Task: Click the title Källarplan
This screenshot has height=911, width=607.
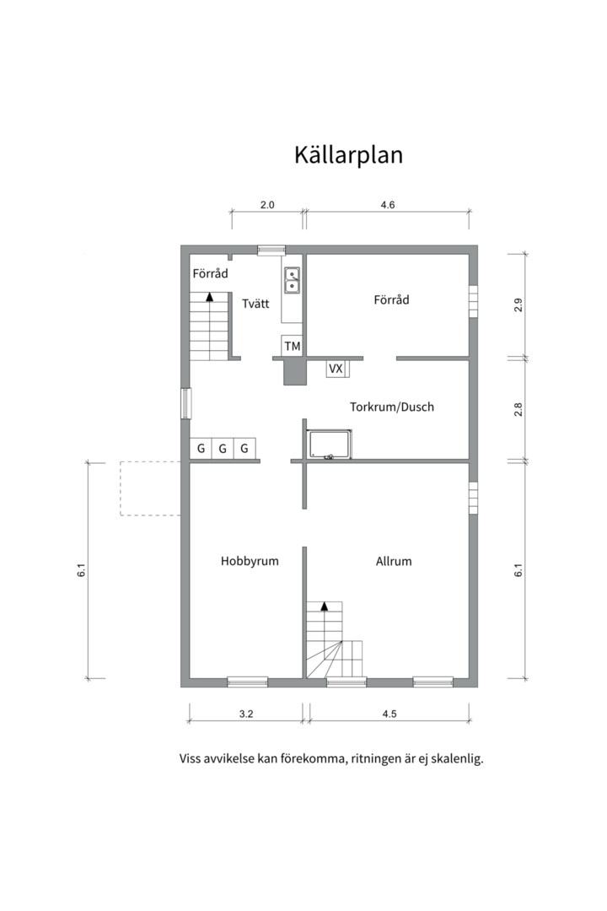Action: (348, 155)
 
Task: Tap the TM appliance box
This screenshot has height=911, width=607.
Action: (292, 346)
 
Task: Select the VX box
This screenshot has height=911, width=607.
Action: (336, 369)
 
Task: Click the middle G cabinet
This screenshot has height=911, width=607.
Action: (223, 449)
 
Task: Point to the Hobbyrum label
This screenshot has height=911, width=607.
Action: (250, 560)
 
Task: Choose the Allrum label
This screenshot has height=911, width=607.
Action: (393, 560)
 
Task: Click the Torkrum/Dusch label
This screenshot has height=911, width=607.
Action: (392, 407)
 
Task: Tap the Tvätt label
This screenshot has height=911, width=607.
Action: (255, 304)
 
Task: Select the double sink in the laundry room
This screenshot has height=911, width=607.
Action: (292, 279)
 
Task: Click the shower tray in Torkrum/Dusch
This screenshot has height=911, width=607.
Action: (330, 445)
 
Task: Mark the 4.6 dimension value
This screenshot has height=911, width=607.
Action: (388, 205)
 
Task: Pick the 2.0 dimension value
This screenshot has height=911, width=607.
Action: (267, 205)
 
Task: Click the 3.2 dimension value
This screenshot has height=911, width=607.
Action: (246, 714)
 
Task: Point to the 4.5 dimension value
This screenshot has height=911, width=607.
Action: (389, 714)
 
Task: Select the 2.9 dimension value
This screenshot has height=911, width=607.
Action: (518, 305)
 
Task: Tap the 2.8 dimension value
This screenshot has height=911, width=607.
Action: (518, 410)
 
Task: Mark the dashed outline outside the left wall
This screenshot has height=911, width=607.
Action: (150, 488)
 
